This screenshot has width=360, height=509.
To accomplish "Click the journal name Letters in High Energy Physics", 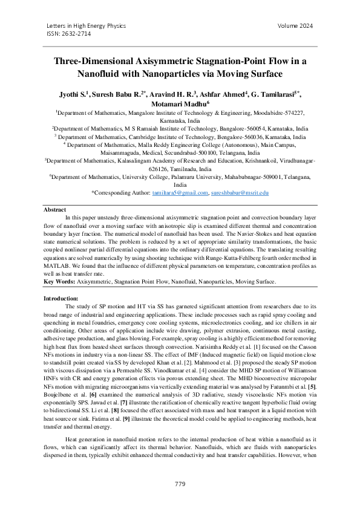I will [86, 26].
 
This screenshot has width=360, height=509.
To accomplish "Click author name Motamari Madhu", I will [179, 103].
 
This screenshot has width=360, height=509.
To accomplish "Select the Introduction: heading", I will [61, 299].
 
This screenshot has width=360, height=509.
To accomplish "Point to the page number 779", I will [180, 484].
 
